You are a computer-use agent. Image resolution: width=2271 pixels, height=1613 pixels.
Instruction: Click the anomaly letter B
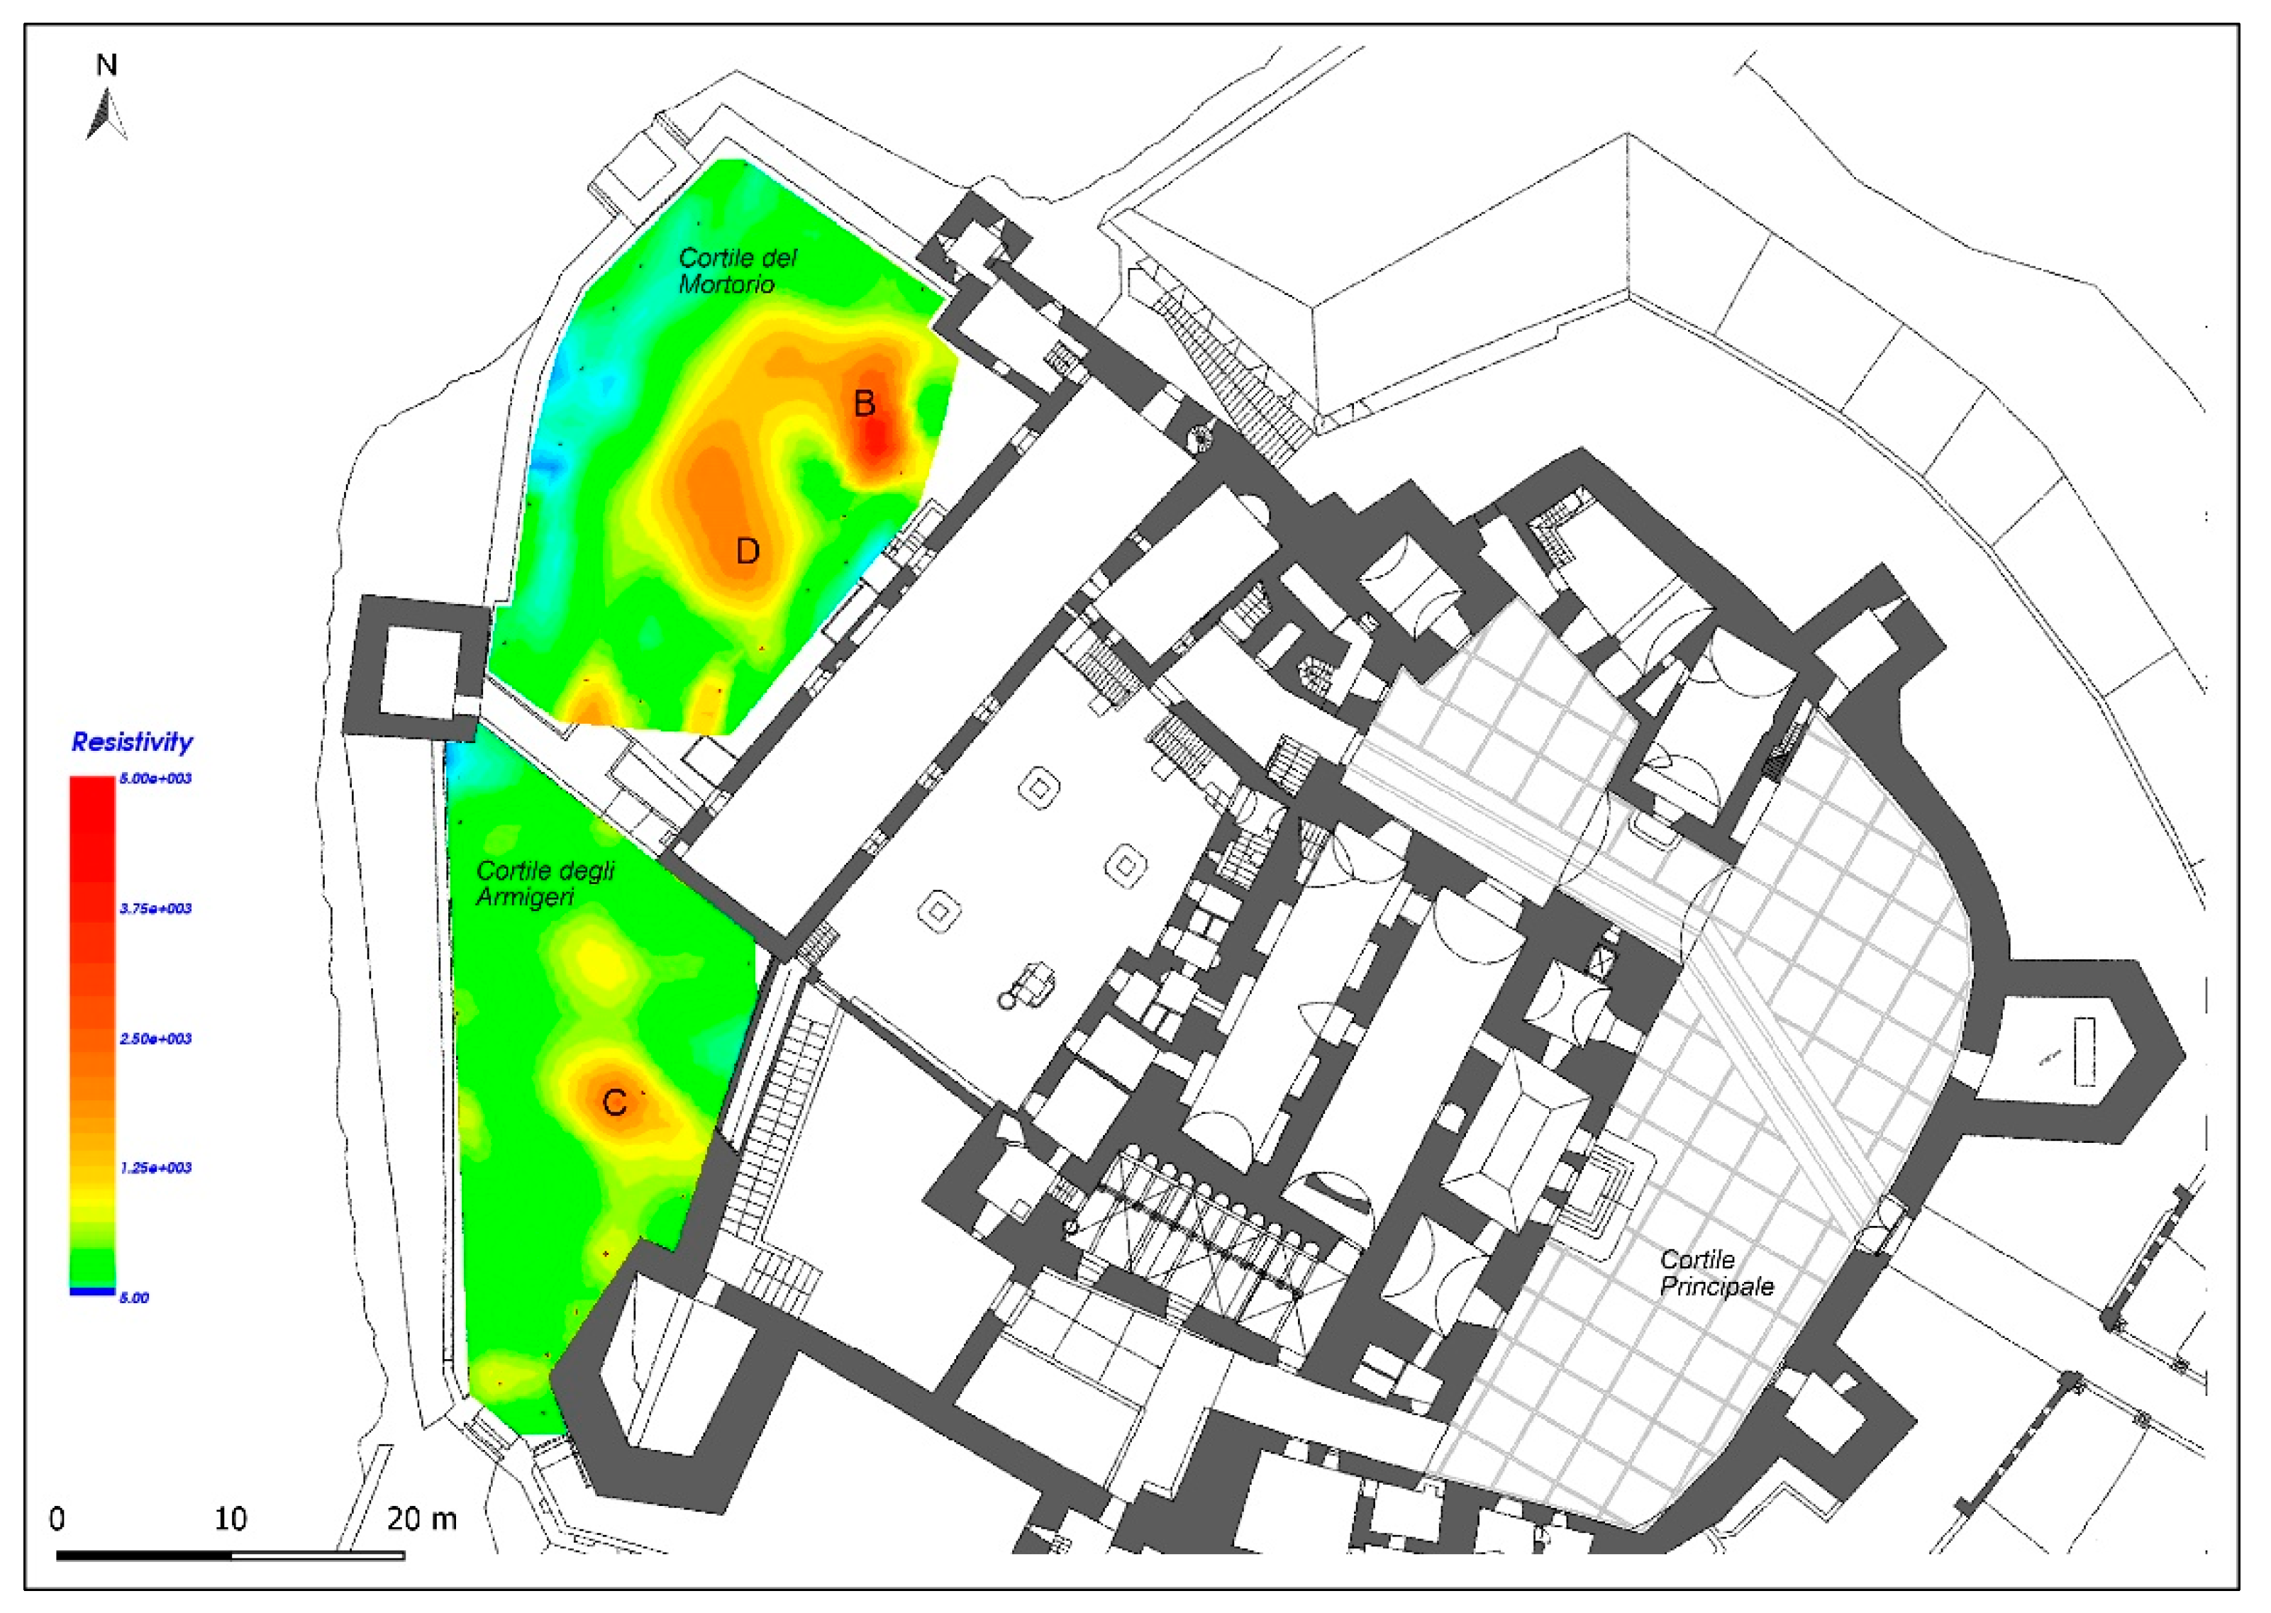click(865, 403)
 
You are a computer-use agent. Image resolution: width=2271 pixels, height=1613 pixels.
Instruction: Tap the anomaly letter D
click(747, 550)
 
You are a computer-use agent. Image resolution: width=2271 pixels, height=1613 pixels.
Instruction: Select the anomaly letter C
click(615, 1103)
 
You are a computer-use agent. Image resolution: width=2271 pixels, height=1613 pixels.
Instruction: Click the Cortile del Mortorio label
click(737, 270)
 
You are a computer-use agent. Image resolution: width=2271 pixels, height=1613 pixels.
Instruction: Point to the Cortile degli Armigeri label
click(545, 883)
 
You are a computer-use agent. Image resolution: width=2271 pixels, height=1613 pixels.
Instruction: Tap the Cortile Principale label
click(1716, 1273)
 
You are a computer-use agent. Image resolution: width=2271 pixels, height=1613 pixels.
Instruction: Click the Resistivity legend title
click(132, 742)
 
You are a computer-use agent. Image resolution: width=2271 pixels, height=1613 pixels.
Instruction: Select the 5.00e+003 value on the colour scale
click(156, 778)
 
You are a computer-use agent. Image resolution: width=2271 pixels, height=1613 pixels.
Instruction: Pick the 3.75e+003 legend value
click(156, 909)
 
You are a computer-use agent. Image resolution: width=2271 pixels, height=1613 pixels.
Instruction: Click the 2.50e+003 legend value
click(156, 1039)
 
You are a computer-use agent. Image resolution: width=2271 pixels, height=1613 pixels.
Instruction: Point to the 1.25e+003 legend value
click(156, 1168)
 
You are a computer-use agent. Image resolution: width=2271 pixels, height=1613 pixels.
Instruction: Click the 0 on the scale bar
click(57, 1519)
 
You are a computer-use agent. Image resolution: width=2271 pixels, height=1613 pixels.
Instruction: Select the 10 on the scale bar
click(231, 1519)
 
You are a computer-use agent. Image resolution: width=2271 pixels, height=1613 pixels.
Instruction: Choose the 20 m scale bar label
click(422, 1519)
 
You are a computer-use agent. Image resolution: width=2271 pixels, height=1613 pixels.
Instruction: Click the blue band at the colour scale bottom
click(91, 1291)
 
